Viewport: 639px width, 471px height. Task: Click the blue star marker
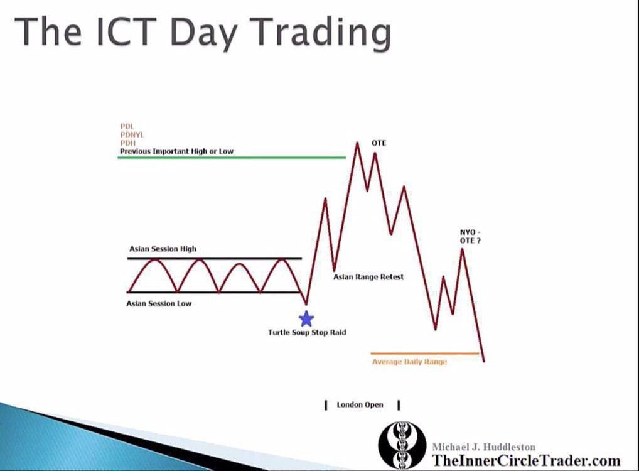(306, 318)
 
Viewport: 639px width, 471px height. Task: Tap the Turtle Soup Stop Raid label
(307, 332)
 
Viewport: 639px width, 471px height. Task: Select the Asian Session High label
(163, 249)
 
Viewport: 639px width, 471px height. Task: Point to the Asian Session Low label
(159, 304)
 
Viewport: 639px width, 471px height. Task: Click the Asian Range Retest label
(368, 277)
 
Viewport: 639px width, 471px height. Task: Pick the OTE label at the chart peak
(379, 143)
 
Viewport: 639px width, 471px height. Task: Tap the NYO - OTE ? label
(470, 236)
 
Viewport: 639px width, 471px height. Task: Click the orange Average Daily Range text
(409, 362)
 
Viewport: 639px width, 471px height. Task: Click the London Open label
(360, 405)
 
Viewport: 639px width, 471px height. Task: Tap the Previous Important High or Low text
(176, 151)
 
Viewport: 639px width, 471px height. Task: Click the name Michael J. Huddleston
(483, 447)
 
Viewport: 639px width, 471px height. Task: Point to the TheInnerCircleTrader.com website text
(525, 460)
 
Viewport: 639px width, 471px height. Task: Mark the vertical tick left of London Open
(326, 405)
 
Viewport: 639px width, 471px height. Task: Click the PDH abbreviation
(127, 143)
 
